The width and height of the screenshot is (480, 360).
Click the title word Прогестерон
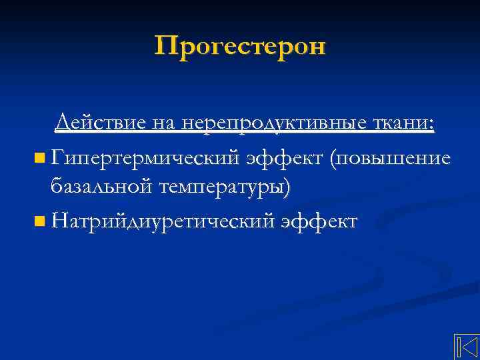pos(240,47)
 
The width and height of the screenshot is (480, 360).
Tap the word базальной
pos(102,187)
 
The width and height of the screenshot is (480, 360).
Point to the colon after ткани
pos(432,125)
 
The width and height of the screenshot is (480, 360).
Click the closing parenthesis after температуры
pos(287,189)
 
